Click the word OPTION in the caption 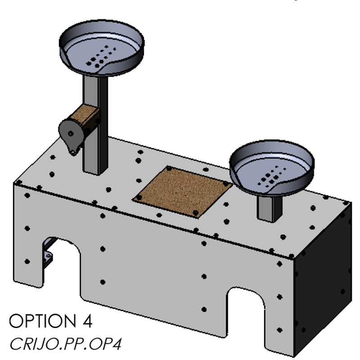43,321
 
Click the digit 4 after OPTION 87,321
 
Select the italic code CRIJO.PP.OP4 65,344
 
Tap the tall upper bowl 102,48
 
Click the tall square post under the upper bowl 95,125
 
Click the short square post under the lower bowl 270,208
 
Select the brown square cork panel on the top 183,192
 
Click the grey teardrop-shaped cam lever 71,135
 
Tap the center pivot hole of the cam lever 71,133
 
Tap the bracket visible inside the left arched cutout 48,255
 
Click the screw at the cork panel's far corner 169,168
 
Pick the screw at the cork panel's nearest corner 196,213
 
